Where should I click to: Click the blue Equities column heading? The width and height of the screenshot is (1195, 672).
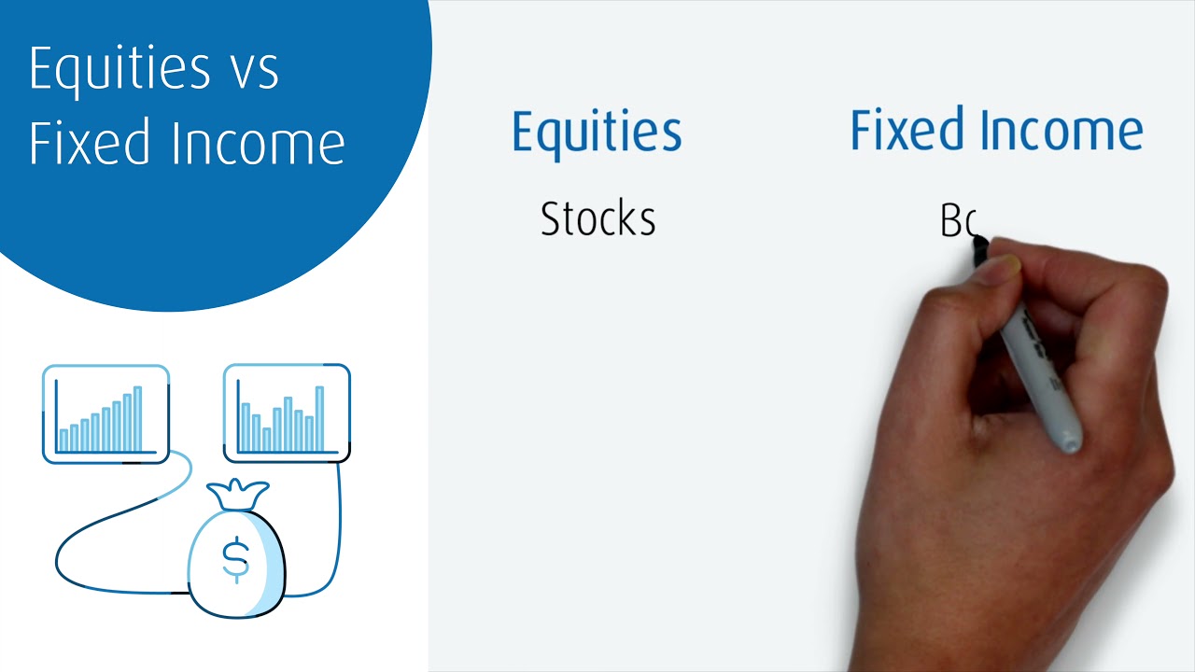click(x=597, y=133)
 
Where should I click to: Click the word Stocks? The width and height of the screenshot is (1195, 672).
click(x=597, y=219)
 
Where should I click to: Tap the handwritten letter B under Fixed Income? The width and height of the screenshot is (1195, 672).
click(x=950, y=221)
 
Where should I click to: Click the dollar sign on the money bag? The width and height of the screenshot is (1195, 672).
click(x=235, y=558)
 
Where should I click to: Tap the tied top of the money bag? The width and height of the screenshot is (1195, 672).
click(x=237, y=494)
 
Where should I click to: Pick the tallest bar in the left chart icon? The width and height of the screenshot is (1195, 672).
click(x=137, y=418)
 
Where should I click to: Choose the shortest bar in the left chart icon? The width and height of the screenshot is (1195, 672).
click(x=63, y=440)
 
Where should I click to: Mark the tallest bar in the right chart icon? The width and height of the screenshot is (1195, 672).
click(x=319, y=418)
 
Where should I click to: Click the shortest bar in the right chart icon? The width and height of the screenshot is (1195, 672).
click(x=267, y=439)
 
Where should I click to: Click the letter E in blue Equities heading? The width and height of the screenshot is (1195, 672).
click(x=524, y=131)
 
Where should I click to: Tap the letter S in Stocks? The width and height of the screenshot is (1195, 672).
click(x=550, y=219)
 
